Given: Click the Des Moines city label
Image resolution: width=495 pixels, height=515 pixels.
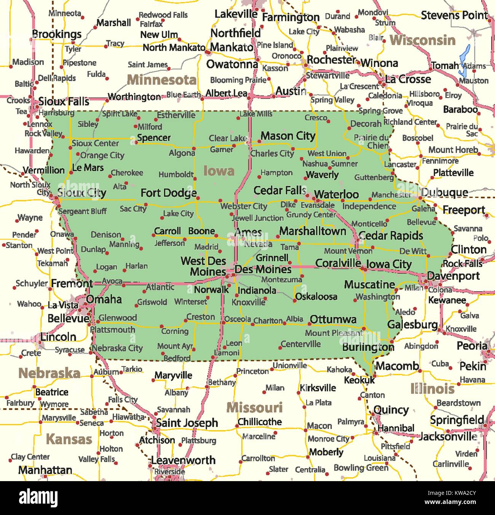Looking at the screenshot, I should (x=263, y=269).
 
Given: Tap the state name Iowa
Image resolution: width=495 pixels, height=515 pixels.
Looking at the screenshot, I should (x=219, y=171).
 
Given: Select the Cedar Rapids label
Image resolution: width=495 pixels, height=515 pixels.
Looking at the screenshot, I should (x=391, y=236).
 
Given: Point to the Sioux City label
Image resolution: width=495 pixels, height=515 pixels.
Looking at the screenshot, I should (x=81, y=193).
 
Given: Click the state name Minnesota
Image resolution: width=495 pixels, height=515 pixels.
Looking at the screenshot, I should (x=161, y=80).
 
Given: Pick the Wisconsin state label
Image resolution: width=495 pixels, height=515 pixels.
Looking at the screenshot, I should (x=422, y=40).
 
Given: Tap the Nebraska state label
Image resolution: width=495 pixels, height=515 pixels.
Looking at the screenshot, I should (x=49, y=373).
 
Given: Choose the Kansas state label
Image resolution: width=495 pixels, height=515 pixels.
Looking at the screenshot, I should (x=69, y=439).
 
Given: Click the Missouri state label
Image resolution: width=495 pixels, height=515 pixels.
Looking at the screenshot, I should (x=254, y=408).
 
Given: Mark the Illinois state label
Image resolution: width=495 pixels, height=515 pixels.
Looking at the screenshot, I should (x=432, y=389).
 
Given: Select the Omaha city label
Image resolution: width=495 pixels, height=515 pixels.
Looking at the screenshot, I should (x=104, y=299).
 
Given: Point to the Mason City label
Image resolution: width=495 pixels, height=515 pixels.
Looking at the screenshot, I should (x=288, y=136).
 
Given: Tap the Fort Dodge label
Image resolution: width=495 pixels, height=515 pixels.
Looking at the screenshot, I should (x=168, y=193).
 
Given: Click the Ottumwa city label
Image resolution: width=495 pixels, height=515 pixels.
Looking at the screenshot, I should (x=333, y=319).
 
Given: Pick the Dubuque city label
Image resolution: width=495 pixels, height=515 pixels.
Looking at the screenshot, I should (x=444, y=193).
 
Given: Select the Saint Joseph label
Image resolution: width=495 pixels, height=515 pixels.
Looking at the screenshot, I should (x=187, y=423).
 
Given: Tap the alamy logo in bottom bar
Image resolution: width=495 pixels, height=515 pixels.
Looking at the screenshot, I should (x=38, y=498).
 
